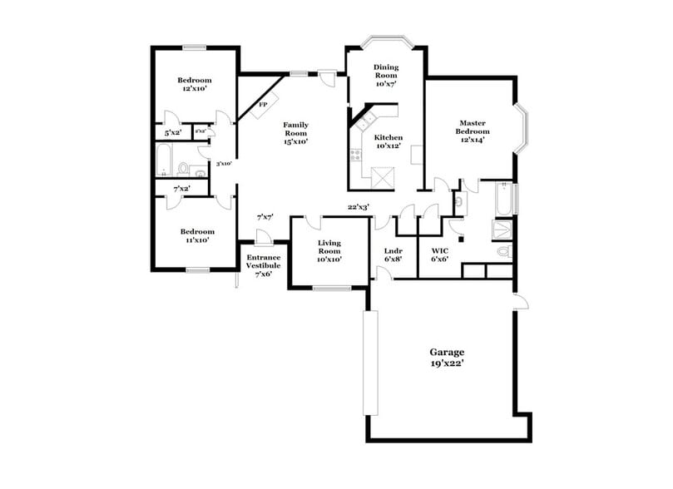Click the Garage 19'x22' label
(447, 358)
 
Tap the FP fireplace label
(263, 105)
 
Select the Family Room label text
(295, 133)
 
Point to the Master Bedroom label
(472, 131)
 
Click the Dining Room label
(386, 75)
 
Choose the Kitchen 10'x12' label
(388, 141)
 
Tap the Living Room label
(329, 251)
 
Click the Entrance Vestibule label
(263, 265)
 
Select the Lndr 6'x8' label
(393, 254)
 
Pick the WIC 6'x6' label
(440, 254)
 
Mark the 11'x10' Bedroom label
(197, 235)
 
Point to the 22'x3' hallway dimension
(359, 207)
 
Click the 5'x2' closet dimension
(172, 132)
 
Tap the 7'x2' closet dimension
(181, 190)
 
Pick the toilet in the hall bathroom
(182, 169)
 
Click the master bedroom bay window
(524, 130)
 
